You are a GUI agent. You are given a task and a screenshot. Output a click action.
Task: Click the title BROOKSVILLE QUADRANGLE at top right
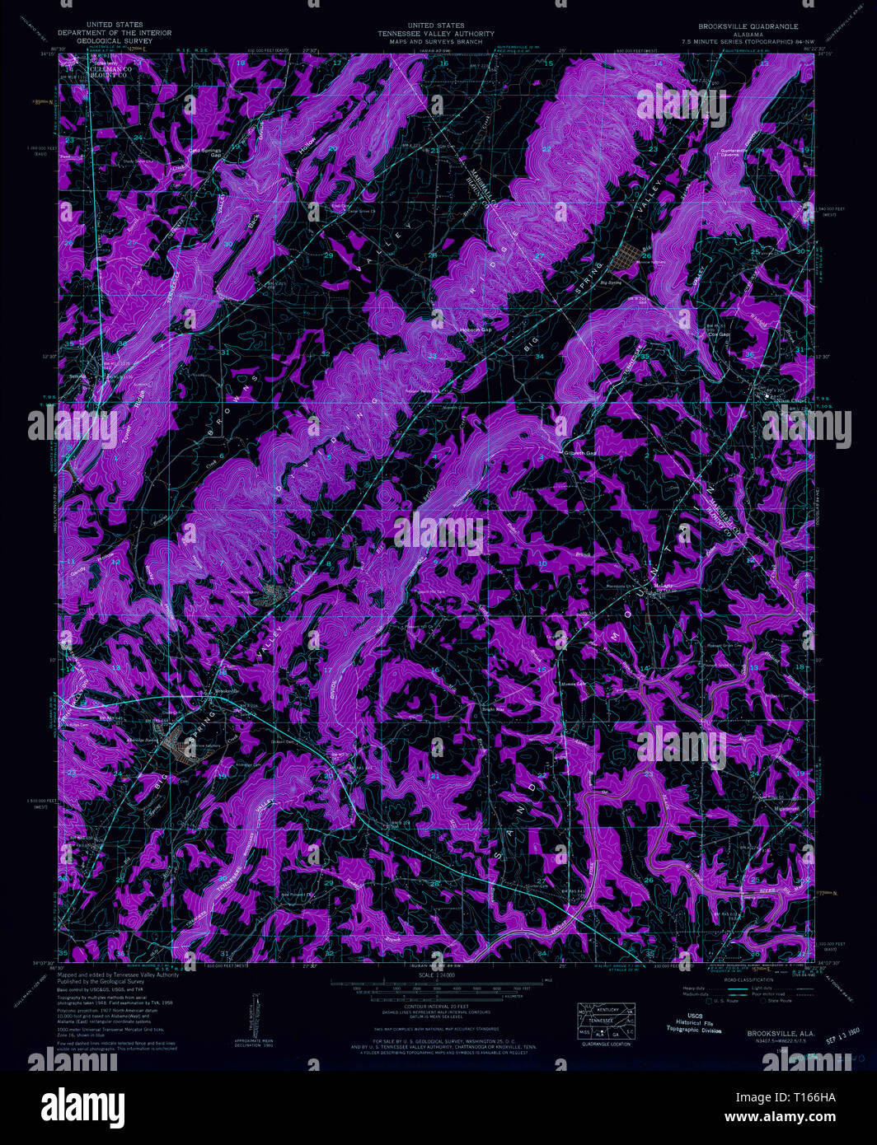(x=748, y=26)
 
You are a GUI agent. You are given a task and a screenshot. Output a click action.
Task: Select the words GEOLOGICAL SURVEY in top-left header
(x=98, y=40)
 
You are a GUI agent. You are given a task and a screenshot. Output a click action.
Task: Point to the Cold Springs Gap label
(x=208, y=151)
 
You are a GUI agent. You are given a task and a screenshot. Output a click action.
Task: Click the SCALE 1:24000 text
(x=438, y=975)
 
